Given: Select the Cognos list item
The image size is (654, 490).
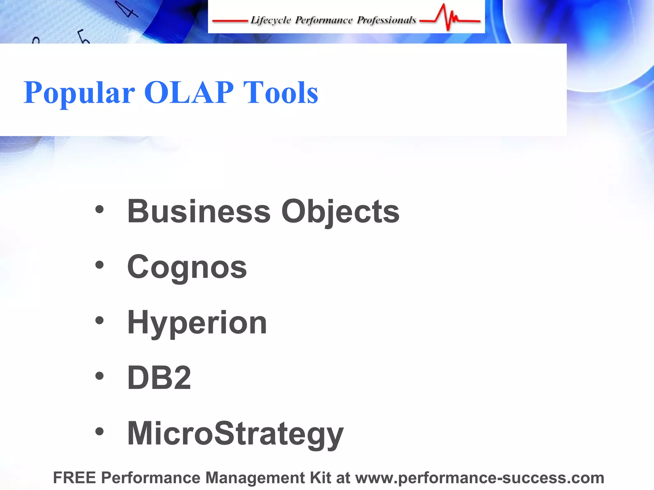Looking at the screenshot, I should [x=187, y=267].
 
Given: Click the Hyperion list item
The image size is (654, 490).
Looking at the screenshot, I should [x=197, y=323].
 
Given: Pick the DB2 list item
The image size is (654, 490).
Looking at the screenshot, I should [x=159, y=378].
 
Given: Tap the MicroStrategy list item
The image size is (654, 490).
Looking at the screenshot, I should [x=235, y=433].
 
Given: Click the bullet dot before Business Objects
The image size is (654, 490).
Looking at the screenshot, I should [x=100, y=210].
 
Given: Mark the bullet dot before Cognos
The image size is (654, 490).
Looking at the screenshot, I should [x=100, y=265].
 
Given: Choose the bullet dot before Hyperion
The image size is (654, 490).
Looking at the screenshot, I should [x=100, y=321].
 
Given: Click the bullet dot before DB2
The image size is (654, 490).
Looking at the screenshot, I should [x=100, y=376].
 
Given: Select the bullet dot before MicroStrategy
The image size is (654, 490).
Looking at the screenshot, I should [x=100, y=432].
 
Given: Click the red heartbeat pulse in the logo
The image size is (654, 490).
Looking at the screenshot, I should [x=449, y=18].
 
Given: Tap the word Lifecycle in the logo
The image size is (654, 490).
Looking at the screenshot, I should [x=270, y=20].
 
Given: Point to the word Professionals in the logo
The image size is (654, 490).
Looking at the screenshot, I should [x=386, y=20].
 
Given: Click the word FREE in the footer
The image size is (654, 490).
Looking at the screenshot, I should [x=74, y=478].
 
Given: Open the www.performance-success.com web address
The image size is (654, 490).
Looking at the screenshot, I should [x=480, y=478].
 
